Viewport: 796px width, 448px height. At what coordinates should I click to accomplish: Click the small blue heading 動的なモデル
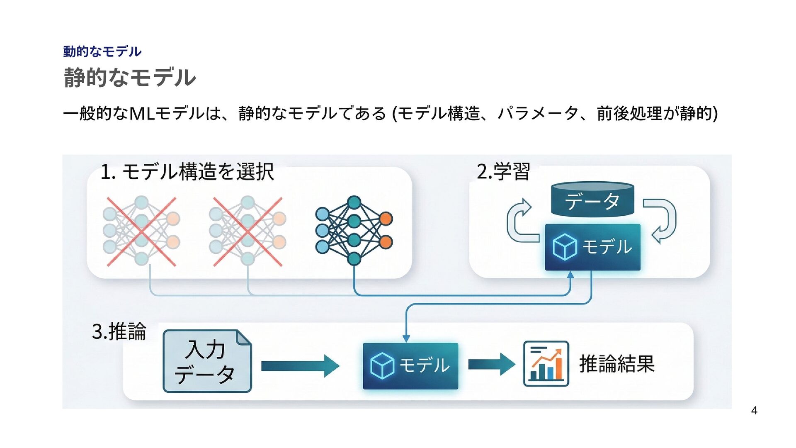pos(102,51)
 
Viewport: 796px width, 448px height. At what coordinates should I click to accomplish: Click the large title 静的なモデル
pos(129,78)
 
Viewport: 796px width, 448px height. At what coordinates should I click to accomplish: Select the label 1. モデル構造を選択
pos(187,171)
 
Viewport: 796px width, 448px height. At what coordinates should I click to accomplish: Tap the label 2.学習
pos(503,171)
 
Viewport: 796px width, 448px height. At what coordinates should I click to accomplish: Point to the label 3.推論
pos(119,331)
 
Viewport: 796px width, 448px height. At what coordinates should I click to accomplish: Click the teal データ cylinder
pos(592,200)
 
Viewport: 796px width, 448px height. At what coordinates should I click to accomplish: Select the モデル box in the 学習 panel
pos(592,247)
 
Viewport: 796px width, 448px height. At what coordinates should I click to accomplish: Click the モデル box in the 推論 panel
pos(410,366)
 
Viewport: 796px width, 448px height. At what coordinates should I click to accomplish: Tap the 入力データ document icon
pos(207,361)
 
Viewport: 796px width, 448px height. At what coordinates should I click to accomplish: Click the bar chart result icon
pos(546,363)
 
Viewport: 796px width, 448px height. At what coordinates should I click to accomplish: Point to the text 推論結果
pos(616,364)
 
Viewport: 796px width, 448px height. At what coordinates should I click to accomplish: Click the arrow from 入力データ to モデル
pos(300,366)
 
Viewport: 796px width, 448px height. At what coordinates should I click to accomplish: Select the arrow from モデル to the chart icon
pos(491,364)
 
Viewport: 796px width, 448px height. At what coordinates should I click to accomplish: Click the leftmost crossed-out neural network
pos(141,231)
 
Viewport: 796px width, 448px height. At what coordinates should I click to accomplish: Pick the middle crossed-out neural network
pos(248,231)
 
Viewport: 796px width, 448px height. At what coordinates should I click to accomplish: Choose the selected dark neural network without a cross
pos(354,231)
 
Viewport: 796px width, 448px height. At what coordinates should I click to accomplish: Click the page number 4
pos(754,411)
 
